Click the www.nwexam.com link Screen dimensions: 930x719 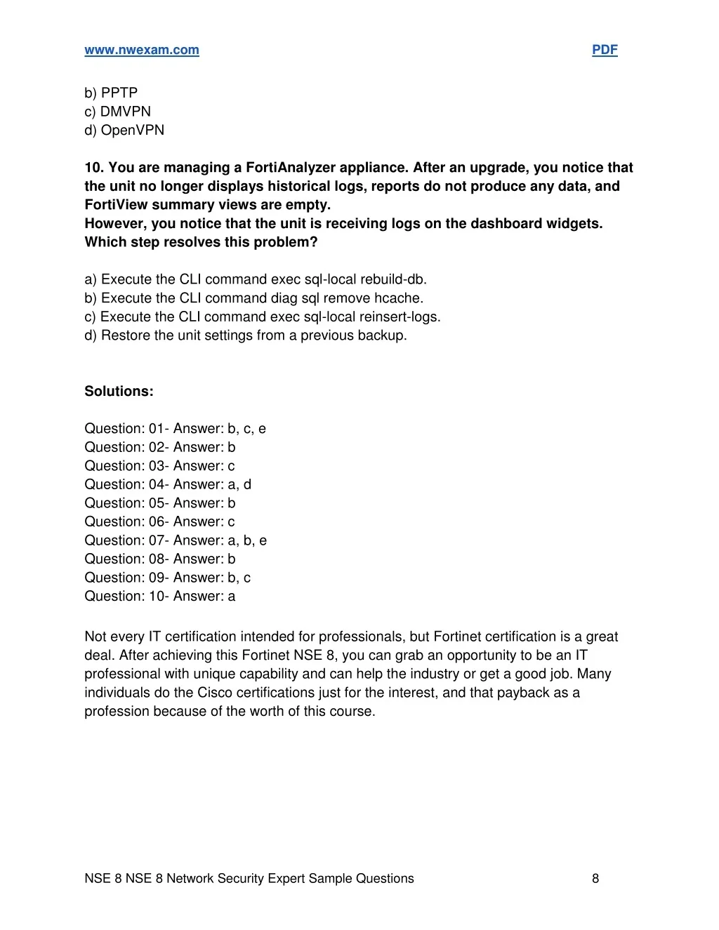point(142,50)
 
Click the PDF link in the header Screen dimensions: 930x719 point(605,50)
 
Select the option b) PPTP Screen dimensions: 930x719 point(111,93)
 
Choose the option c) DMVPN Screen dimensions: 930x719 point(117,112)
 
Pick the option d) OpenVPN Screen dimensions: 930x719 point(124,130)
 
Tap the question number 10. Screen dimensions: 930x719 point(94,168)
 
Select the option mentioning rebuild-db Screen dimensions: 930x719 point(256,279)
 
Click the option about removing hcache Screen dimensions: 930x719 point(253,298)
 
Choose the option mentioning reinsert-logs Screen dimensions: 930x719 point(263,317)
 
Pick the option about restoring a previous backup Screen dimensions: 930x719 point(246,336)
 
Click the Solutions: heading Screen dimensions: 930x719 point(119,392)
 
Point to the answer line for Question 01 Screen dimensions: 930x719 point(175,429)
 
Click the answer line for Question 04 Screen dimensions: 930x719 point(168,484)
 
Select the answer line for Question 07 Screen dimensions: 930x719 point(176,540)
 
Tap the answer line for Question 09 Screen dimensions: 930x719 point(167,578)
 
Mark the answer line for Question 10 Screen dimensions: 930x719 point(160,596)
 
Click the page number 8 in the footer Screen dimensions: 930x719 point(595,879)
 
